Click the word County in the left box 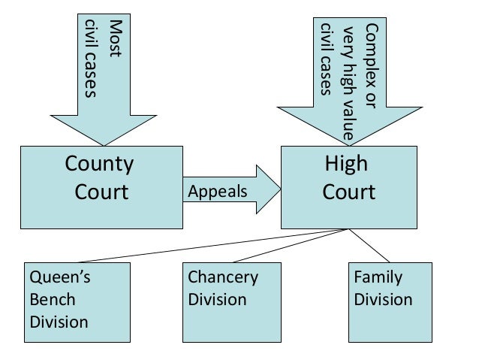[99, 164]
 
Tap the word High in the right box [346, 164]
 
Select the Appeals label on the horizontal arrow [217, 192]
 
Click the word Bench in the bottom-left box [53, 300]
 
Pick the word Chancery [223, 278]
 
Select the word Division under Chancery [217, 300]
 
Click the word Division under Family [383, 300]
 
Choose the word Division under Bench [59, 322]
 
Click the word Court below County [101, 192]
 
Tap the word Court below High [348, 192]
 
